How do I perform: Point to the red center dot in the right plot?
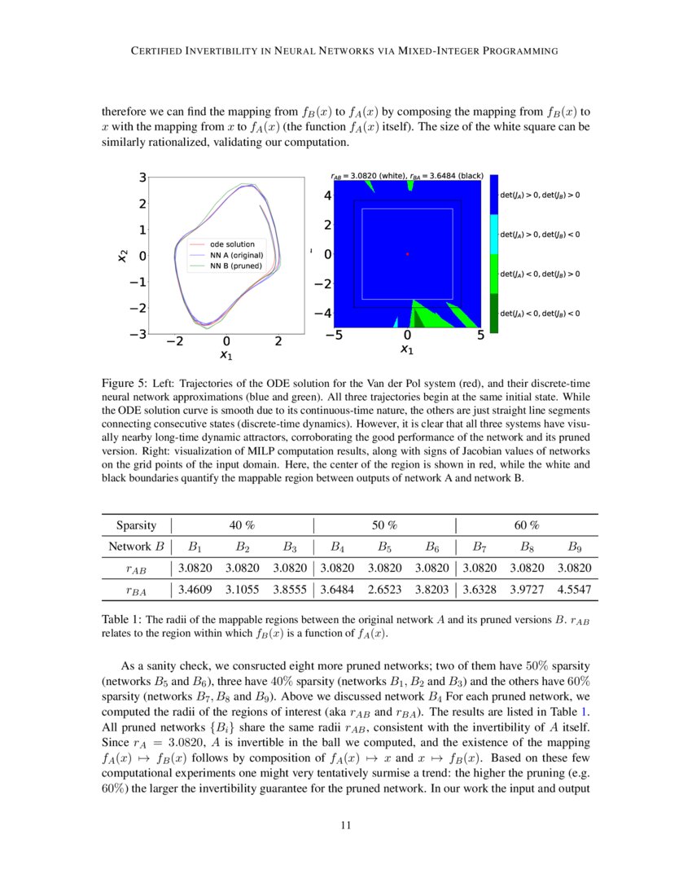tap(407, 254)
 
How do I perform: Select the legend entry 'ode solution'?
tap(232, 244)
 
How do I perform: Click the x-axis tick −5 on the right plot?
tap(334, 335)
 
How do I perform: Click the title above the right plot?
tap(407, 174)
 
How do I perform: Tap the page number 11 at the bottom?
tap(346, 825)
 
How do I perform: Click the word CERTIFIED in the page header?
tap(164, 51)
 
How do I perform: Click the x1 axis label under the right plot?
tap(407, 349)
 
